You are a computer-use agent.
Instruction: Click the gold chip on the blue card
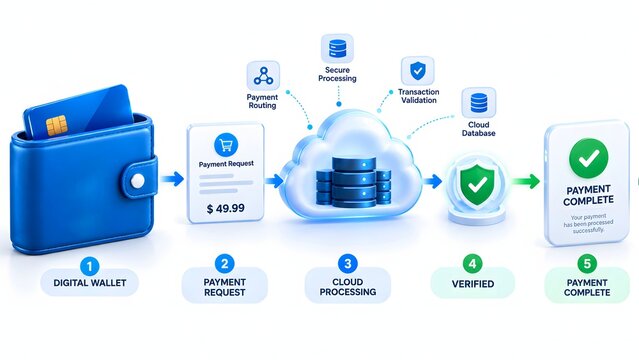pos(57,126)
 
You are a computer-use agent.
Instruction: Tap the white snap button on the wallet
pos(137,181)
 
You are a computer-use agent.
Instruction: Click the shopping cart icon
pos(226,145)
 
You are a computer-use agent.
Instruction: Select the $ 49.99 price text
pos(226,208)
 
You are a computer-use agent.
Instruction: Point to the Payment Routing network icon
pos(263,76)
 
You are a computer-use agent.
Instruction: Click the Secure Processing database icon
pos(337,49)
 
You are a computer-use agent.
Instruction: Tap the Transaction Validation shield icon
pos(417,71)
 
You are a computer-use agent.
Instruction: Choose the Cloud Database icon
pos(479,102)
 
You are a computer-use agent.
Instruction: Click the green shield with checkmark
pos(477,185)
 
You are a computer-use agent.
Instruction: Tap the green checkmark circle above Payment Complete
pos(588,158)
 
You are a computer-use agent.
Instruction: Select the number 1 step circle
pos(90,267)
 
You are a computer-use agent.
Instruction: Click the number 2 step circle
pos(225,264)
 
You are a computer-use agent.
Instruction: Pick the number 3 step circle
pos(348,264)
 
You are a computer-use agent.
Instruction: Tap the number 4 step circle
pos(472,264)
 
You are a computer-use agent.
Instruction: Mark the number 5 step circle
pos(587,264)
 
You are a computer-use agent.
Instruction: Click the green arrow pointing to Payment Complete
pos(526,181)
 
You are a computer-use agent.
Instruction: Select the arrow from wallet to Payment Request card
pos(172,179)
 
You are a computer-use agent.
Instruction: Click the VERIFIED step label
pos(473,284)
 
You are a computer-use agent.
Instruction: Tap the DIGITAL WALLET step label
pos(90,283)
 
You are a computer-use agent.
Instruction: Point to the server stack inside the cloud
pos(353,182)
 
